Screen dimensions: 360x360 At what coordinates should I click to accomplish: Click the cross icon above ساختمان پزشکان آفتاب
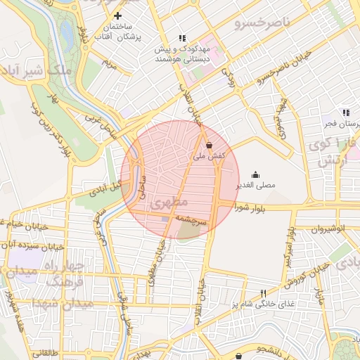click(x=117, y=15)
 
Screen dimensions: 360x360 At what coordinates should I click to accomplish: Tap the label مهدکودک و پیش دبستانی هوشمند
click(x=182, y=55)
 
